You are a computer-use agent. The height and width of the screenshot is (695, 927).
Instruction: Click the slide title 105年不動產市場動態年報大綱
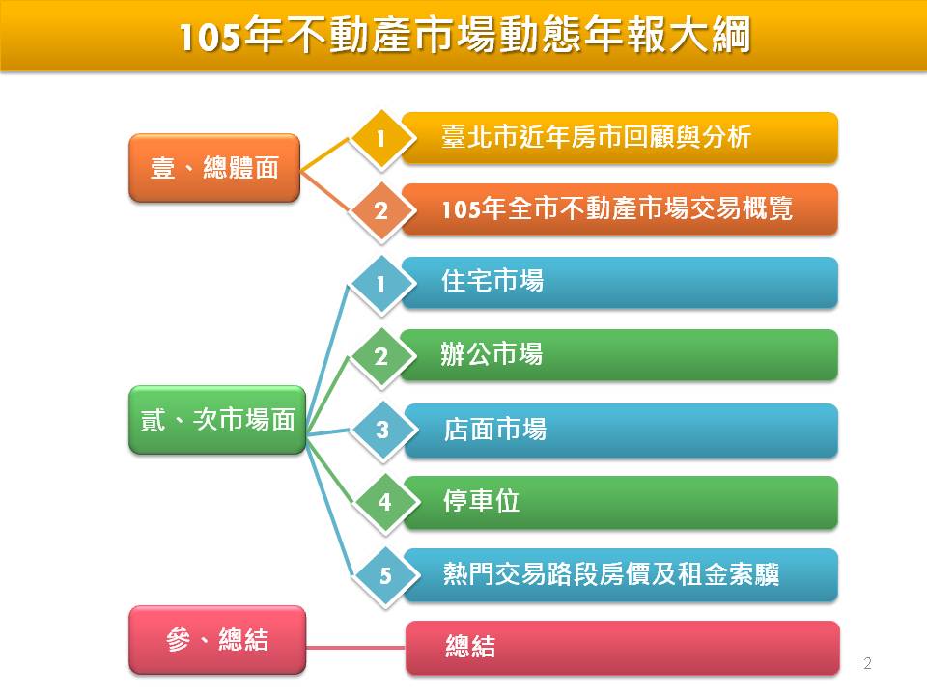(x=465, y=36)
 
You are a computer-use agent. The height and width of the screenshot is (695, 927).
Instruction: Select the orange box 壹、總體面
(x=214, y=168)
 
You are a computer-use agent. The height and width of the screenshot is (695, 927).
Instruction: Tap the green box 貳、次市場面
(x=217, y=420)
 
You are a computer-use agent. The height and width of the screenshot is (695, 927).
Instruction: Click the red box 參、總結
(x=217, y=639)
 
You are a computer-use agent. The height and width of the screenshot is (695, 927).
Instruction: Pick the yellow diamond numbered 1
(x=381, y=139)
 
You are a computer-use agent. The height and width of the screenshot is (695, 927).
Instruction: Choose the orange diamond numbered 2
(x=381, y=211)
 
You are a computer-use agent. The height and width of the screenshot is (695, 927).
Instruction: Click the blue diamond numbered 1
(x=381, y=284)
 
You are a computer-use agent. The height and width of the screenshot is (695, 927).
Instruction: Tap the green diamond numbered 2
(x=381, y=356)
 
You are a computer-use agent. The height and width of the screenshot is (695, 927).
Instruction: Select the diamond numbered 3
(x=382, y=430)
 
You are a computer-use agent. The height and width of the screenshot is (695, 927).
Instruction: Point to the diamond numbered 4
(x=385, y=502)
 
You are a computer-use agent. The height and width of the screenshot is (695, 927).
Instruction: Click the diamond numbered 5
(x=385, y=575)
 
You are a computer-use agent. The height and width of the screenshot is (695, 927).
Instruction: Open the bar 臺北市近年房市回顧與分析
(x=620, y=137)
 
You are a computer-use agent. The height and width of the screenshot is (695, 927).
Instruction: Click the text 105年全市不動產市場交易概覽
(x=617, y=208)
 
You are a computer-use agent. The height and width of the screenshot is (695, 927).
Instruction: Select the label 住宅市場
(x=492, y=281)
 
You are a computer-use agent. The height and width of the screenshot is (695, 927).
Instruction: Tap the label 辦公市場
(x=492, y=354)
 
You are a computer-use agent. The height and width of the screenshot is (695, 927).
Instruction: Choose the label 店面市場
(x=494, y=429)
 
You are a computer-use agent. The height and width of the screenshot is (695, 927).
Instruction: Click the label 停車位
(x=482, y=501)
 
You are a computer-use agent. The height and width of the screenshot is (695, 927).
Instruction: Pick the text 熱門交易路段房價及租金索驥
(x=611, y=573)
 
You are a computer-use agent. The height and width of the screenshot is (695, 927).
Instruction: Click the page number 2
(x=867, y=663)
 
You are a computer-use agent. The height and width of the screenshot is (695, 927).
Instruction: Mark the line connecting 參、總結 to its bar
(x=356, y=647)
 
